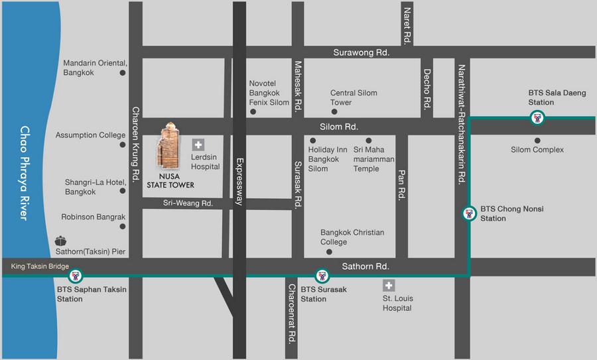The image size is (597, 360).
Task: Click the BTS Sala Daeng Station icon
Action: pos(537,119)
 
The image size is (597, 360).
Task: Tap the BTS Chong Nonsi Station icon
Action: pos(469,213)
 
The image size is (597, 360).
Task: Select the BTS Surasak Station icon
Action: pos(322,275)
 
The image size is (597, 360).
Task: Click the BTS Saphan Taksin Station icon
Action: pos(76,275)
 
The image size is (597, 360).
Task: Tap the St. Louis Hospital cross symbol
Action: pos(389,286)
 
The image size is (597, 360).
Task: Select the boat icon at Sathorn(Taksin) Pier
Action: pos(62,241)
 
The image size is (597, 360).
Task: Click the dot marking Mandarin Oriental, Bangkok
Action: pos(123,73)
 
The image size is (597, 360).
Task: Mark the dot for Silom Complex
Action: pos(537,141)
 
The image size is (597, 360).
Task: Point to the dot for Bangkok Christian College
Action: pos(330,252)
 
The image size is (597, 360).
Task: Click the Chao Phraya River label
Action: pos(25,173)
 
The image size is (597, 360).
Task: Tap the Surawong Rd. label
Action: pos(361,52)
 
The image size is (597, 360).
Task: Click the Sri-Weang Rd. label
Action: pos(188,204)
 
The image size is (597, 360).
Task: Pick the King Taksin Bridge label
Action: pos(40,267)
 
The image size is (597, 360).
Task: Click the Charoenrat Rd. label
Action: pos(291,314)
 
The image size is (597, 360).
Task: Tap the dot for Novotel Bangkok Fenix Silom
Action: pos(253,112)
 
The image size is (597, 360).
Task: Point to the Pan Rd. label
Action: pos(401,185)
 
